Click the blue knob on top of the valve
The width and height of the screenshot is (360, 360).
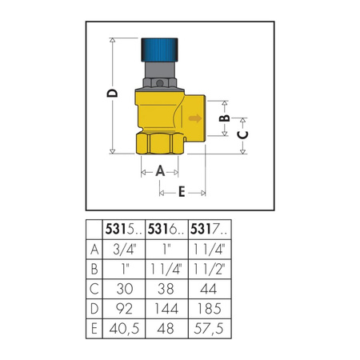click(x=164, y=50)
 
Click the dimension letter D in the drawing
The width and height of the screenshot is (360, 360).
click(x=112, y=94)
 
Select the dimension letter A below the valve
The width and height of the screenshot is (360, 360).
click(x=159, y=170)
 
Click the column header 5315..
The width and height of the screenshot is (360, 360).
click(x=124, y=230)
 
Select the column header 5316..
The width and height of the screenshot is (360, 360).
click(x=166, y=230)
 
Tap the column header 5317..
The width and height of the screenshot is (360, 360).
click(x=207, y=230)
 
